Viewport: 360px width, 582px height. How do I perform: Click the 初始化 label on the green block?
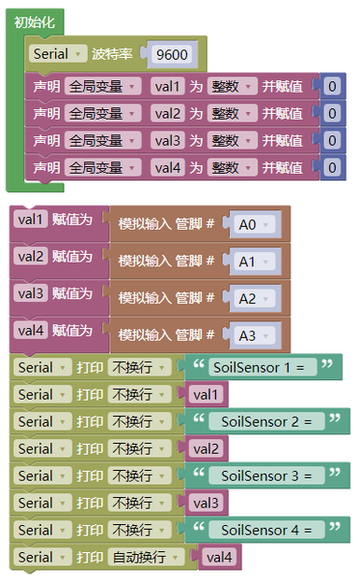pos(34,22)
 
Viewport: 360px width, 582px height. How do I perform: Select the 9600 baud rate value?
pos(172,55)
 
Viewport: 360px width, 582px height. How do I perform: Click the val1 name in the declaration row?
pos(167,87)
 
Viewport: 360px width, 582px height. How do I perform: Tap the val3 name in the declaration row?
pos(167,141)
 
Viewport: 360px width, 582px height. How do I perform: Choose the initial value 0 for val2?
pos(332,114)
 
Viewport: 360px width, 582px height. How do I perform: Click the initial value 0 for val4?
pos(332,168)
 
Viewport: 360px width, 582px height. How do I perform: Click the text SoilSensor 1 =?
pos(259,368)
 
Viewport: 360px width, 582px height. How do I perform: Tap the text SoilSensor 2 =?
pos(266,422)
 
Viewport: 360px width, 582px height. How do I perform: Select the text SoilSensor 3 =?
pos(266,476)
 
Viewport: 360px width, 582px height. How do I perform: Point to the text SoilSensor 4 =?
pos(266,530)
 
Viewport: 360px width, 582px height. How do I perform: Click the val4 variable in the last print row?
pos(219,557)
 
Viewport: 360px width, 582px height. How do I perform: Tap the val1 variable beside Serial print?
pos(206,395)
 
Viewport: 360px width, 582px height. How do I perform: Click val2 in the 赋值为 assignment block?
pos(31,257)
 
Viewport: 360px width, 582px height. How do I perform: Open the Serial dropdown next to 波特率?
pos(58,54)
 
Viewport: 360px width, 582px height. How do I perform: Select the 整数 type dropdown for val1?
pos(232,87)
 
